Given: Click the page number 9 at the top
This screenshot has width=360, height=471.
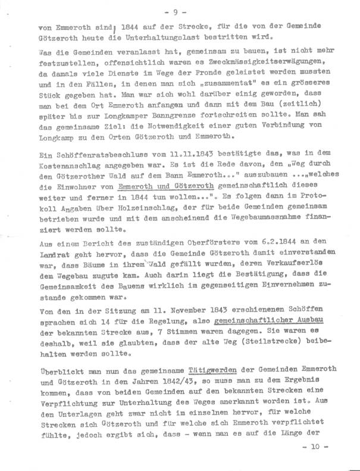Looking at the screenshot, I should (x=179, y=10).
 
